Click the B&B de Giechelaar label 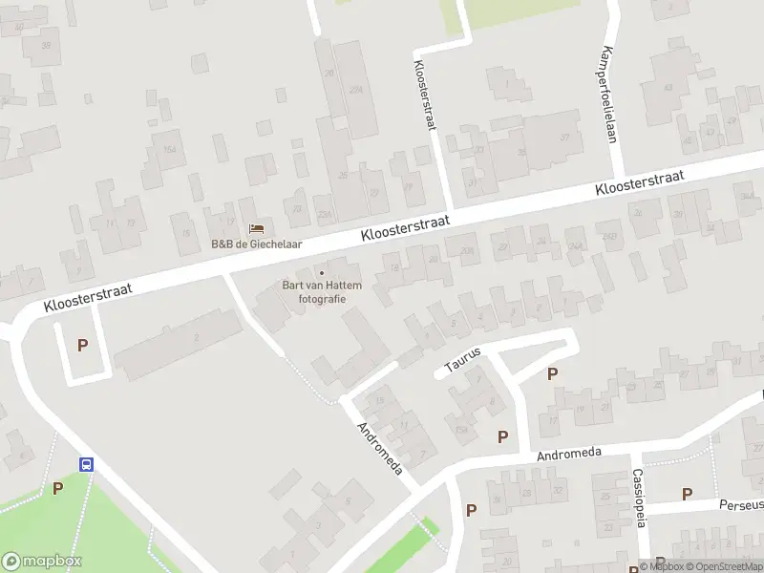pos(256,244)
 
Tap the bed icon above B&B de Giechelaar pos(256,228)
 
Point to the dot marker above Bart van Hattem pos(321,272)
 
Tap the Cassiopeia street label pos(639,498)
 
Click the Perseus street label pos(741,503)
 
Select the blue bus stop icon pos(86,465)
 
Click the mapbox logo pos(42,562)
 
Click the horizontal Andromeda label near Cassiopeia pos(569,454)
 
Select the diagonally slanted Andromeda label pos(380,448)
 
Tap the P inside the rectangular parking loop pos(82,346)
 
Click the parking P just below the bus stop pos(57,489)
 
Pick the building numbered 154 pos(170,149)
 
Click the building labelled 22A pos(356,90)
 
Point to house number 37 pos(564,138)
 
